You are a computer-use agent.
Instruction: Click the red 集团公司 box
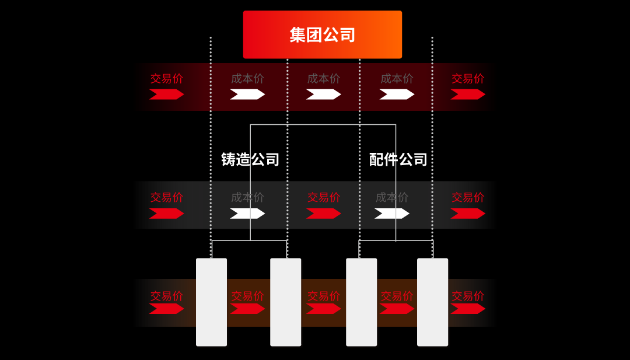click(x=323, y=34)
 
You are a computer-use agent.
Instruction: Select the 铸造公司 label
click(x=250, y=159)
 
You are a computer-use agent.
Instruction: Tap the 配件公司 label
click(x=398, y=159)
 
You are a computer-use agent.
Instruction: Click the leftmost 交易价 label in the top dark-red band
click(x=167, y=78)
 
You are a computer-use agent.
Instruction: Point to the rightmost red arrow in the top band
click(x=468, y=95)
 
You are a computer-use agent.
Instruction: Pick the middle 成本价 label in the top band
click(x=324, y=78)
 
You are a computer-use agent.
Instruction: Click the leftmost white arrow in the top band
click(x=247, y=95)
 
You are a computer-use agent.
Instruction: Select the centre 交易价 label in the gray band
click(x=324, y=197)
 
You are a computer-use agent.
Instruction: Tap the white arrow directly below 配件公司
click(x=392, y=214)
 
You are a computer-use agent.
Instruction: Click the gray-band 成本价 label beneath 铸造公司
click(x=247, y=197)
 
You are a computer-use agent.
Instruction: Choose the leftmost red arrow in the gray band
click(x=167, y=214)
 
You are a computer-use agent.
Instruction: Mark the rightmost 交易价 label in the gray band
click(x=468, y=197)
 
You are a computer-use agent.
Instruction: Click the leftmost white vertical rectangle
click(x=211, y=302)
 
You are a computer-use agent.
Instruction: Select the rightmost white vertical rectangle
click(x=432, y=302)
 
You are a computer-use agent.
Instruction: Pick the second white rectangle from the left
click(x=286, y=302)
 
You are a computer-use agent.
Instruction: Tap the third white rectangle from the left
click(x=361, y=302)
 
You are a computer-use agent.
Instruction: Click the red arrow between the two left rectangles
click(x=247, y=309)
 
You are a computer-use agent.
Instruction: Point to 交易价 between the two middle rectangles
click(x=324, y=296)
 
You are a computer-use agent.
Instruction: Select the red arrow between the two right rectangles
click(x=397, y=309)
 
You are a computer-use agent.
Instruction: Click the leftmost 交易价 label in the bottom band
click(x=167, y=296)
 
